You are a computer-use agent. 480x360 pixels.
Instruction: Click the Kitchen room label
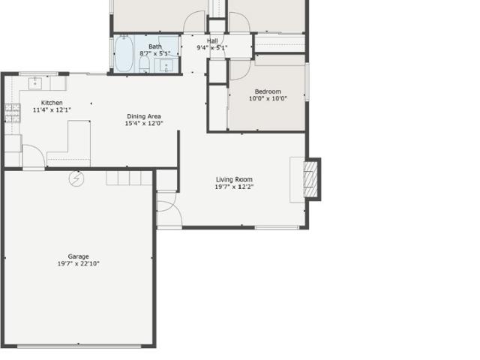[52, 103]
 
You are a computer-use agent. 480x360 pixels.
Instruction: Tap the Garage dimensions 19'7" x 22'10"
[78, 263]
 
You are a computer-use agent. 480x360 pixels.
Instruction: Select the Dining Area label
[144, 116]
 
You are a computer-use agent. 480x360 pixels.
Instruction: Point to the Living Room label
[234, 179]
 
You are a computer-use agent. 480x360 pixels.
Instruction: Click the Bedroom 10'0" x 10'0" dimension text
[268, 98]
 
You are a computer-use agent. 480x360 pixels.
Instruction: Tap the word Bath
[155, 46]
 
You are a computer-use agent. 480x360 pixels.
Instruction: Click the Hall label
[212, 40]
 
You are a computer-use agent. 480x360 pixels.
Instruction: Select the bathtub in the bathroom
[124, 54]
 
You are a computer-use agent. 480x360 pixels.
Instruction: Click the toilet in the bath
[144, 64]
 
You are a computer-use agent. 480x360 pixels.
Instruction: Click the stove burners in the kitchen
[13, 113]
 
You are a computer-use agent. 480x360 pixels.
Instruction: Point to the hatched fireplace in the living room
[310, 179]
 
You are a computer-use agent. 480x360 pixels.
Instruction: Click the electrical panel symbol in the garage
[76, 178]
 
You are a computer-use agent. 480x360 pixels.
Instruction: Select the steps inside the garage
[129, 178]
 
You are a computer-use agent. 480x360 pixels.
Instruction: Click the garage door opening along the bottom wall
[79, 346]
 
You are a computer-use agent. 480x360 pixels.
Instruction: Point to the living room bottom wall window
[277, 227]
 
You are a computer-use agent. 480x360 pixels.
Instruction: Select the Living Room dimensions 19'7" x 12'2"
[234, 187]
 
